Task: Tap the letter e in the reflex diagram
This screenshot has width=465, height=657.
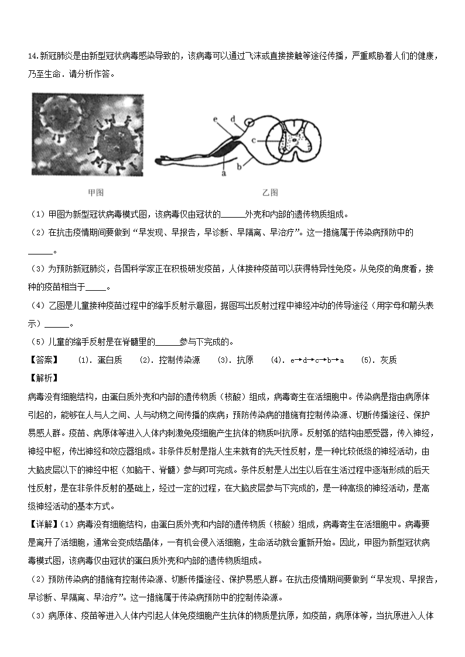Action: tap(216, 119)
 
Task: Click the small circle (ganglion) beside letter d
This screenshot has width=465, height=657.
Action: tap(250, 123)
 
